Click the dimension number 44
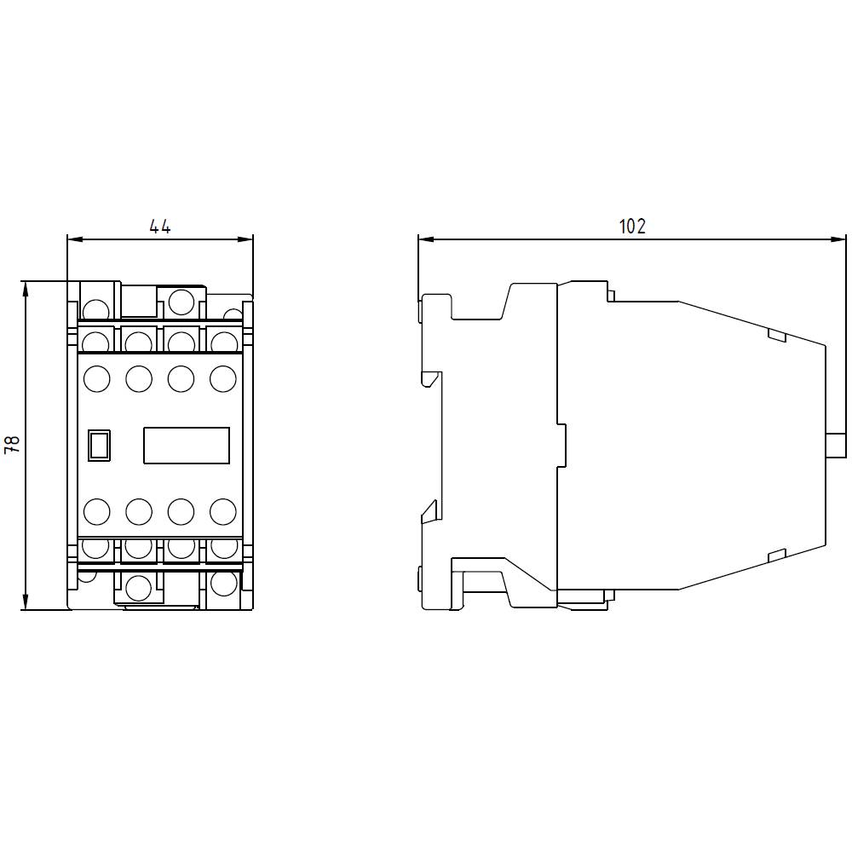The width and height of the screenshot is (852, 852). pos(160,227)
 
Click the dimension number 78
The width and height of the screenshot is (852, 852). pos(12,444)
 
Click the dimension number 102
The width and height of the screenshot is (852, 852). pos(631,227)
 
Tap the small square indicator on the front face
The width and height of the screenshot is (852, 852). pos(100,446)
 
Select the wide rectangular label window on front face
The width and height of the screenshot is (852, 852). pos(187,446)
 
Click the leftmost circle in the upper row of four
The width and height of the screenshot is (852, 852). pos(96,378)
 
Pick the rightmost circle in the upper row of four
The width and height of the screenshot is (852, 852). pos(222,378)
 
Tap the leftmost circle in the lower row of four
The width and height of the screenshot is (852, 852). pos(96,511)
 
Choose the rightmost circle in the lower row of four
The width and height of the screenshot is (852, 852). pos(222,511)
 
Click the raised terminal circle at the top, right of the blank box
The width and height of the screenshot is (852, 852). pos(181,302)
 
